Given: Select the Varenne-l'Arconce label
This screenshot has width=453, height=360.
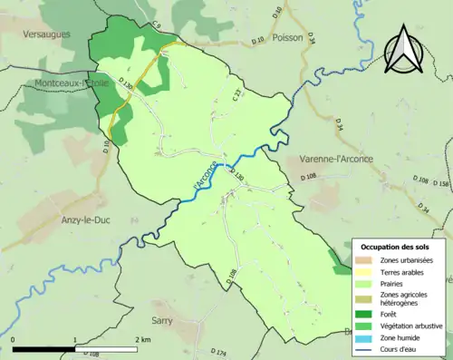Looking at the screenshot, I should point(337,160).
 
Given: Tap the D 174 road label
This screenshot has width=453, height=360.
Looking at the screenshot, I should point(217,351).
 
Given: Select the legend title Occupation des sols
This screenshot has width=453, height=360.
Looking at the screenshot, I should point(397,247).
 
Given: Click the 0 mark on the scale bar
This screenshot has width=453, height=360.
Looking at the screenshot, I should point(14,339).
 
